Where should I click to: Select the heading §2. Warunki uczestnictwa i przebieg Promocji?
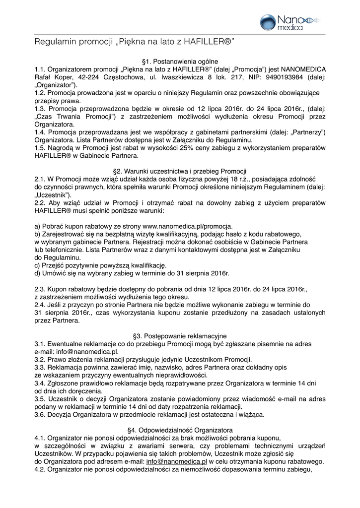[180, 171]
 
